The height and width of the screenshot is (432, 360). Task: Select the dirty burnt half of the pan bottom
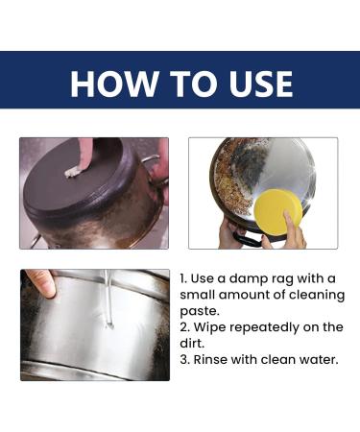[230, 187]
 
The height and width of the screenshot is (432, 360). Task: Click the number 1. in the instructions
[184, 277]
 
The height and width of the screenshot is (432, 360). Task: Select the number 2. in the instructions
[184, 327]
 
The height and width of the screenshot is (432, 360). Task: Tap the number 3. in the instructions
[184, 360]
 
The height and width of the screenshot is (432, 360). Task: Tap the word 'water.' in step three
[312, 360]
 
